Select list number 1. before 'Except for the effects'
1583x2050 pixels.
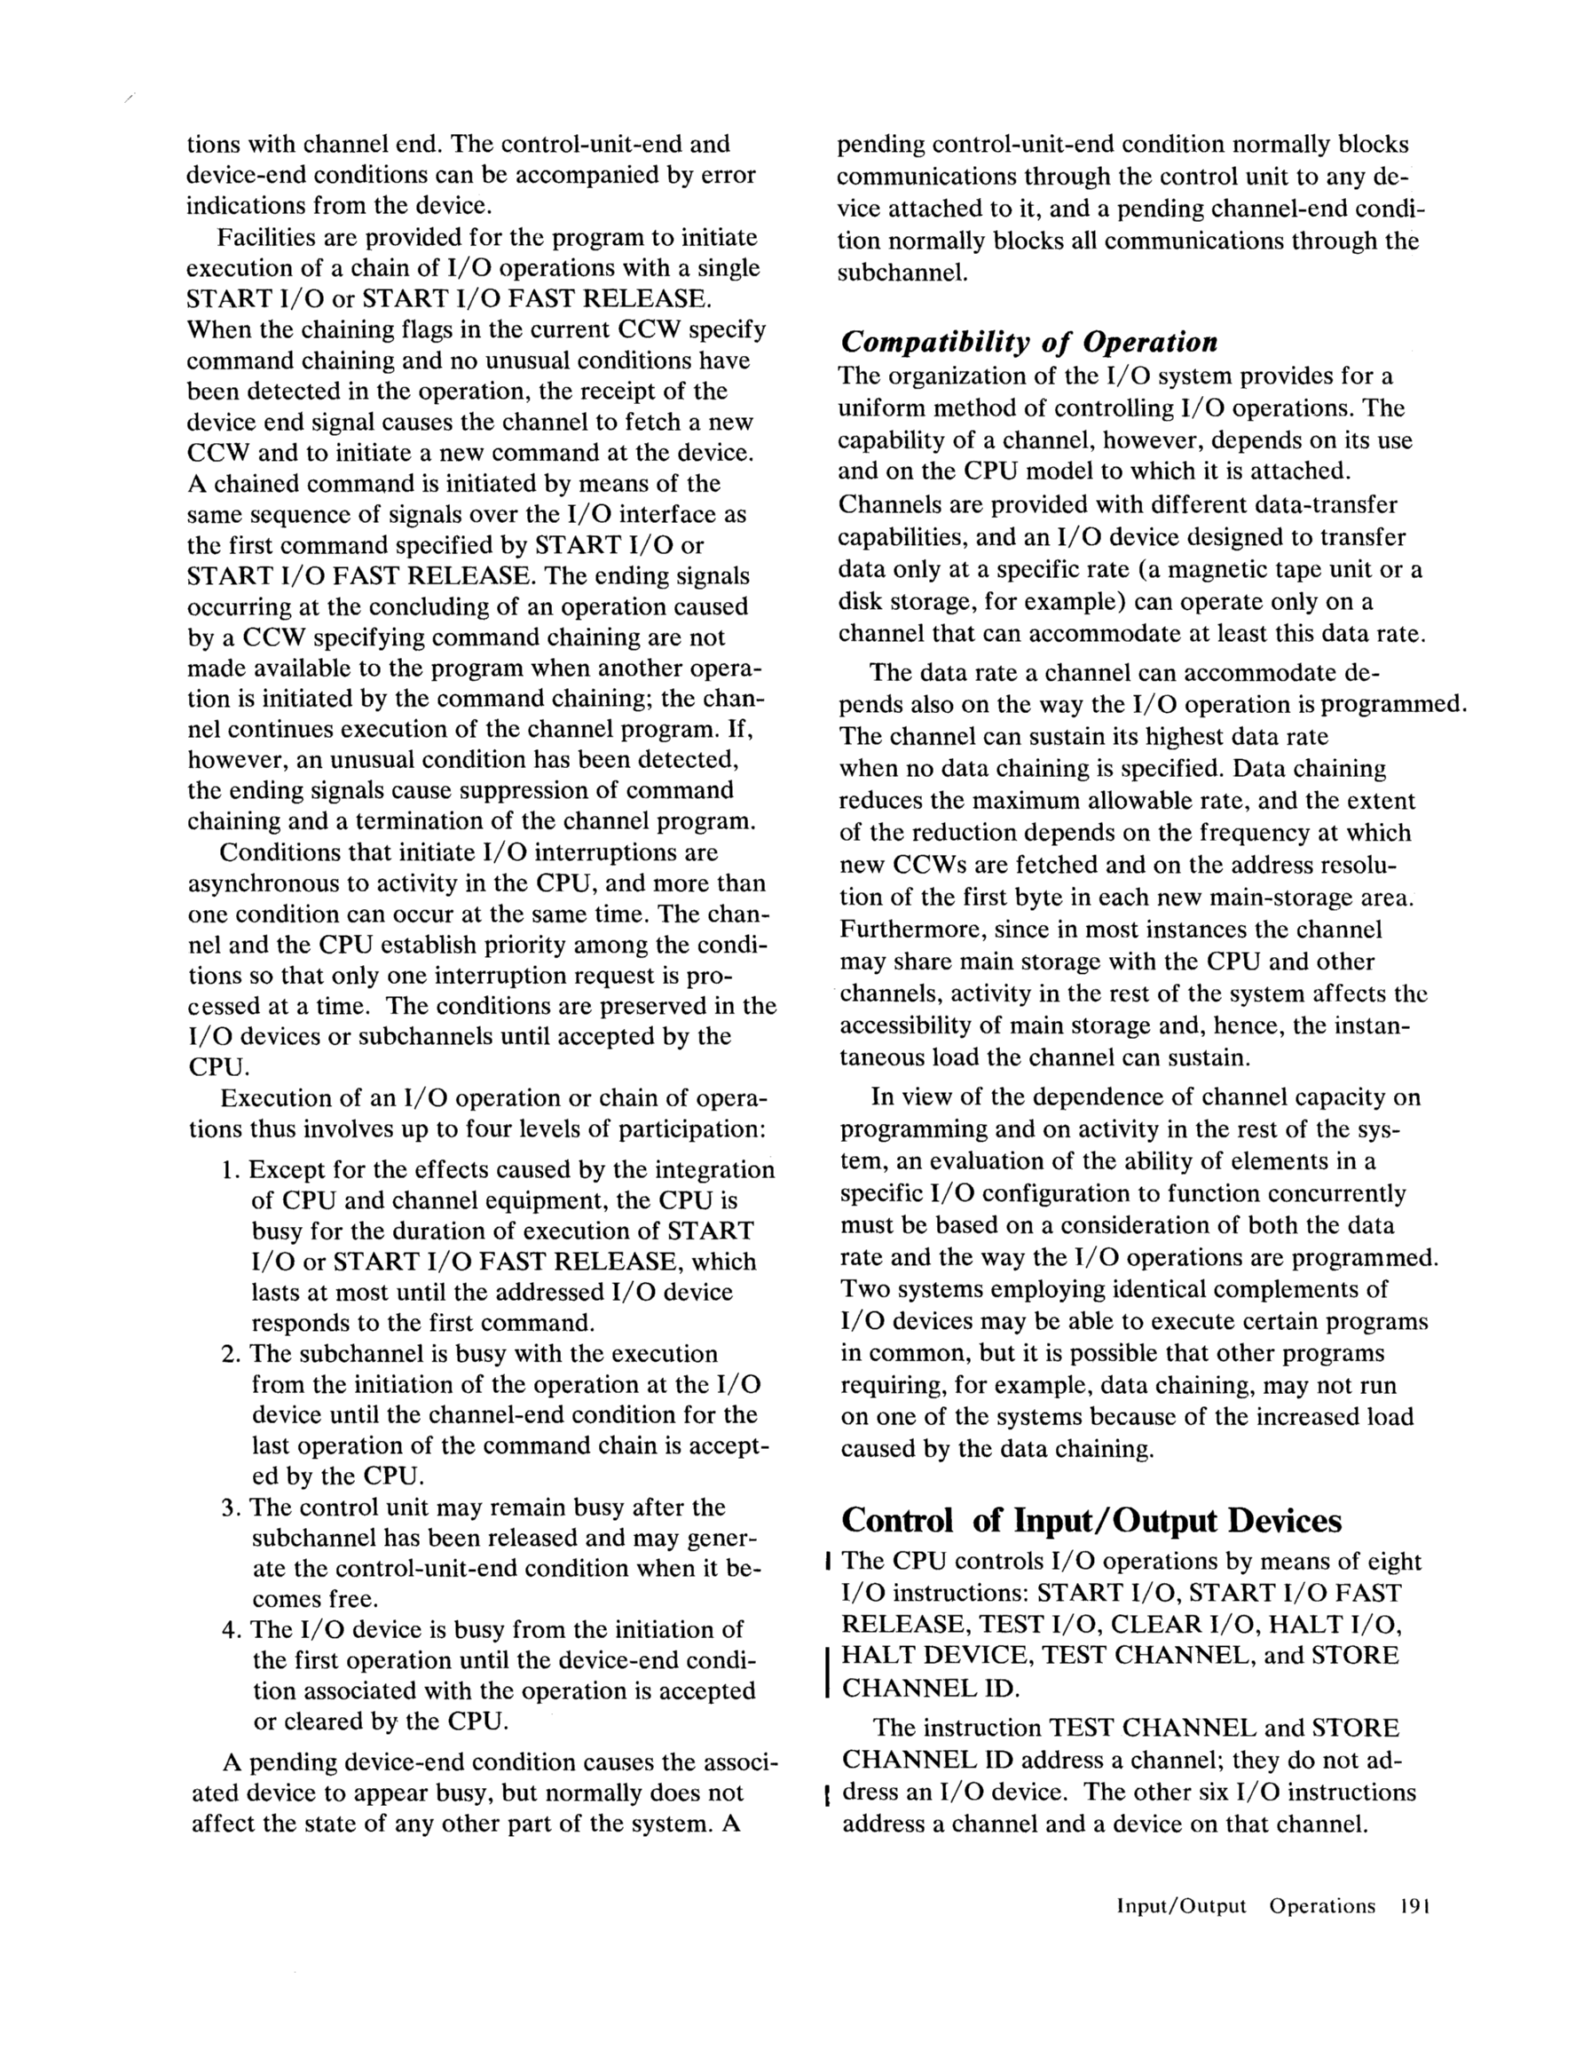(x=232, y=1170)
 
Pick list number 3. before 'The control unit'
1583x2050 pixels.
(x=232, y=1508)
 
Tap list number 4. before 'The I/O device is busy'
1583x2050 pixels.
(x=232, y=1629)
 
